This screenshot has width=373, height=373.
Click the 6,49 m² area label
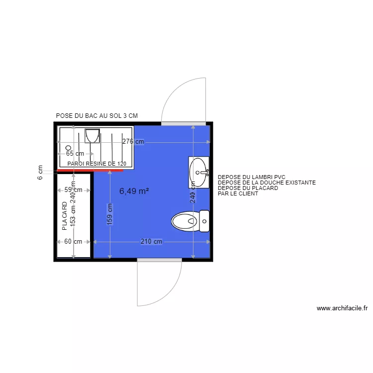(134, 190)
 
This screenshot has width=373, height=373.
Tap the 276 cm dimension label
(133, 142)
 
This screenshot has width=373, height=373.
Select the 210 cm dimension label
(151, 242)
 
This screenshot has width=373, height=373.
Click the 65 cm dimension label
(75, 154)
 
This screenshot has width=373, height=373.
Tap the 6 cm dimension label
(40, 172)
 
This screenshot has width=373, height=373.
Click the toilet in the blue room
(186, 221)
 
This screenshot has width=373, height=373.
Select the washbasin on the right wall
(199, 172)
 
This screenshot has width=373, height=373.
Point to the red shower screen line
(90, 170)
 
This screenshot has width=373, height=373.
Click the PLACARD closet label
(64, 216)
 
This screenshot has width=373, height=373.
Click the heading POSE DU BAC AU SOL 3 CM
(96, 115)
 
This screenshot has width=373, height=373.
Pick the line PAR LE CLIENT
(238, 193)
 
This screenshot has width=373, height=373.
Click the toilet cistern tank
(204, 221)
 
